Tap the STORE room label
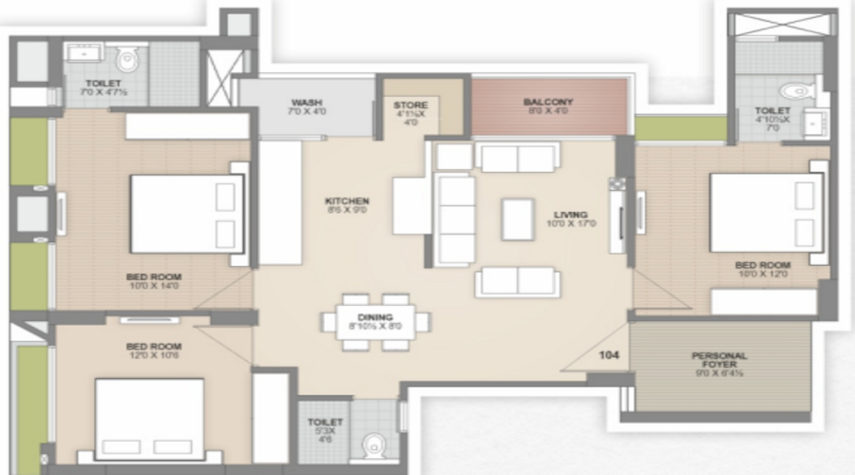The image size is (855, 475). coord(410,104)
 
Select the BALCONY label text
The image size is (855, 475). coord(547,102)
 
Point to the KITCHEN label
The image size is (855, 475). coord(346,200)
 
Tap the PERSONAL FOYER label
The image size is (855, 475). coord(720,362)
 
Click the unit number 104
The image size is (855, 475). coord(610,354)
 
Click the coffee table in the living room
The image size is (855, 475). coord(518,219)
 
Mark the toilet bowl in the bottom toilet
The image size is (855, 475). coord(375,445)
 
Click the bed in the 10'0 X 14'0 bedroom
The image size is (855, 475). coord(186,213)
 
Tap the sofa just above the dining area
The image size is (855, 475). coord(518,281)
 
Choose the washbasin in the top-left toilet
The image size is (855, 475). coord(83,57)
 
